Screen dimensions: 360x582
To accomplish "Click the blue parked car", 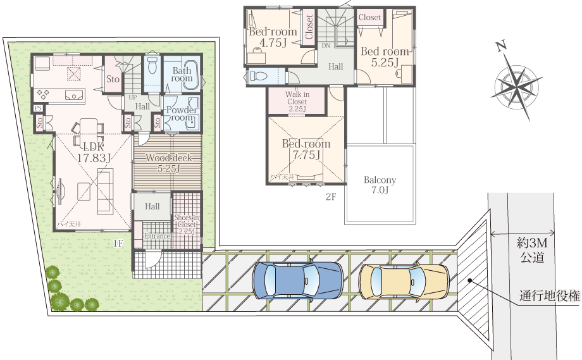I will (297, 280).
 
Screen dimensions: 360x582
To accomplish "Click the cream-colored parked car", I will (404, 281).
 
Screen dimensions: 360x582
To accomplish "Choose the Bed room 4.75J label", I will (273, 37).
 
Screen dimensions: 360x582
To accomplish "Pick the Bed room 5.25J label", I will (385, 57).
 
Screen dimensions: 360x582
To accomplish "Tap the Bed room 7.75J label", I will (306, 149).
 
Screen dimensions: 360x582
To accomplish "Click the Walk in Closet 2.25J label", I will (297, 102).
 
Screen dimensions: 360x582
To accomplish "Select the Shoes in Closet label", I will (187, 224).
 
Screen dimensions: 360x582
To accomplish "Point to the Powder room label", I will (182, 114).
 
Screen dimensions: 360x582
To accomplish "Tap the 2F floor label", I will (330, 197).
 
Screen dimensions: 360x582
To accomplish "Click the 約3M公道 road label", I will (531, 250).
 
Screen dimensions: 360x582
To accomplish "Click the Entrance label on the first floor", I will (157, 237).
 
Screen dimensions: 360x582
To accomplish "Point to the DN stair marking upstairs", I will (326, 46).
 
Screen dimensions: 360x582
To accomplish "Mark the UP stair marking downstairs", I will (132, 98).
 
